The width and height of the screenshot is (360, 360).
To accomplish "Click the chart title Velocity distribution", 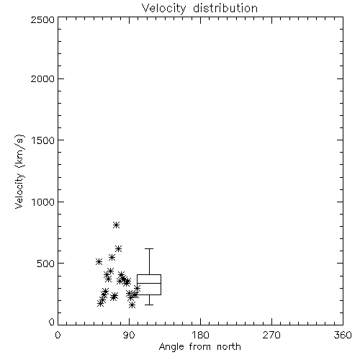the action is (199, 9).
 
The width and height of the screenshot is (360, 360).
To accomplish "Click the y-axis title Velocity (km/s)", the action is (19, 171).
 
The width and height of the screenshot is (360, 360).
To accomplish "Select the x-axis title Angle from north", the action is (199, 347).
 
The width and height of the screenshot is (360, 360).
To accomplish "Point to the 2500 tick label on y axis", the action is (42, 19).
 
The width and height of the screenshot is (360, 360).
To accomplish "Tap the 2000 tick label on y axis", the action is (42, 78).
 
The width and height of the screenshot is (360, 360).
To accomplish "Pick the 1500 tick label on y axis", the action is (43, 140).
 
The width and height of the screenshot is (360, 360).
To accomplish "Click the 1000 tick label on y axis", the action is (43, 202).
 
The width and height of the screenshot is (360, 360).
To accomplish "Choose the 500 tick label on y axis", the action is (46, 264).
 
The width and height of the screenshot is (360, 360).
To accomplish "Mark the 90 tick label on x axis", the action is (130, 335).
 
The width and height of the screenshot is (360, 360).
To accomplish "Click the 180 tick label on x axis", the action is (200, 335).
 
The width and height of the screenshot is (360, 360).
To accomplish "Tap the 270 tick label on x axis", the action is (271, 335).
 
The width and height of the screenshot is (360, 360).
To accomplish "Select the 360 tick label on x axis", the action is (343, 335).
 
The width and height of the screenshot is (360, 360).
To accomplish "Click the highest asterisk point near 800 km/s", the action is (116, 225).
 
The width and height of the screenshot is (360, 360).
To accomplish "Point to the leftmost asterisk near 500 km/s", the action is (99, 261).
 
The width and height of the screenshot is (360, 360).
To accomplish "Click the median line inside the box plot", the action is (149, 283).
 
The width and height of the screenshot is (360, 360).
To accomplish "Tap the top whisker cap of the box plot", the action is (149, 249).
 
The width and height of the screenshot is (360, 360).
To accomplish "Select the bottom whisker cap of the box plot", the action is (149, 305).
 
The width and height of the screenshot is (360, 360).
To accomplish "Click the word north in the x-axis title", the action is (229, 347).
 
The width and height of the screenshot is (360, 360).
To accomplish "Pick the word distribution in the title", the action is (225, 9).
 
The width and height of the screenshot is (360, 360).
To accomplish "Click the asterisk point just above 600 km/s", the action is (118, 248).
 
